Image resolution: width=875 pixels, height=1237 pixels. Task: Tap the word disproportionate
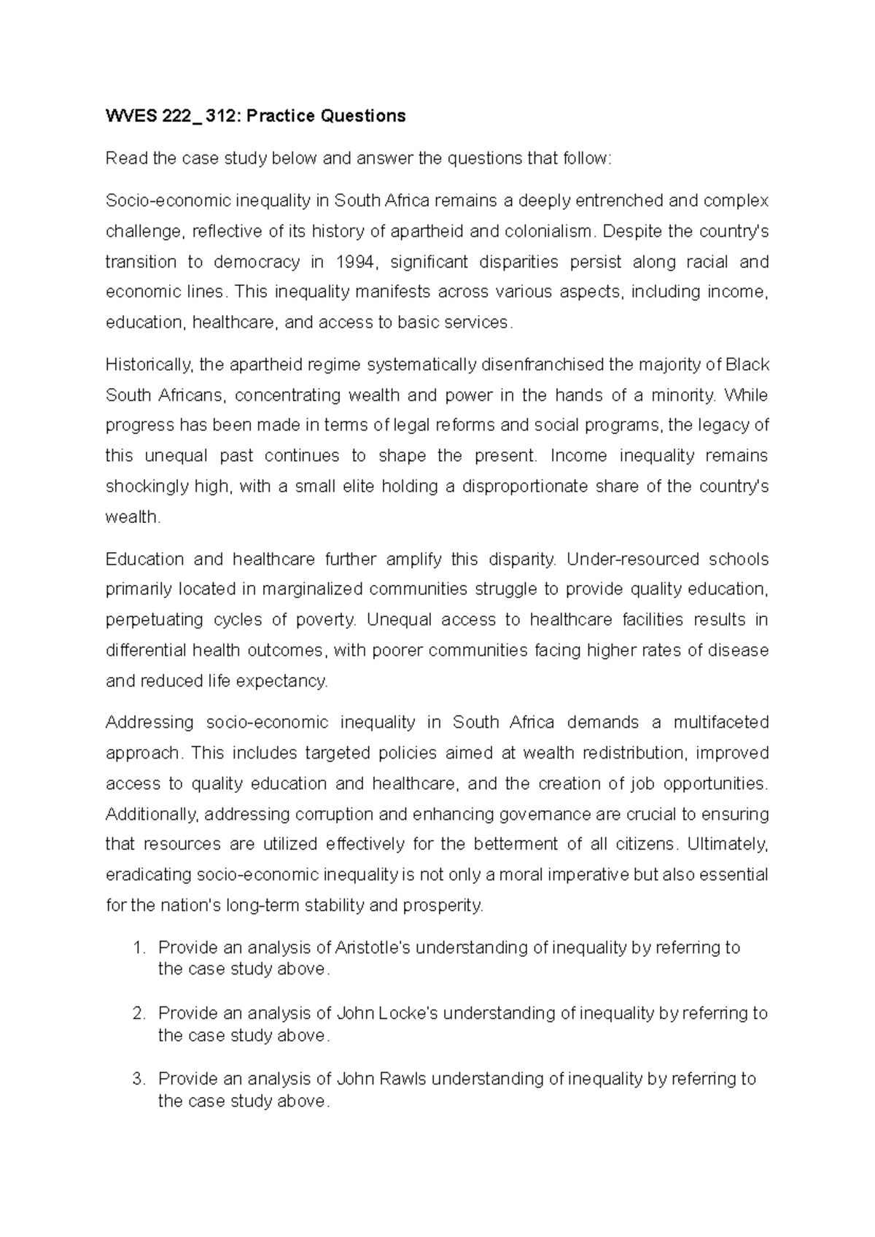(x=524, y=486)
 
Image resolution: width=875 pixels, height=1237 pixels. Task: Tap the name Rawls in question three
(x=403, y=1079)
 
